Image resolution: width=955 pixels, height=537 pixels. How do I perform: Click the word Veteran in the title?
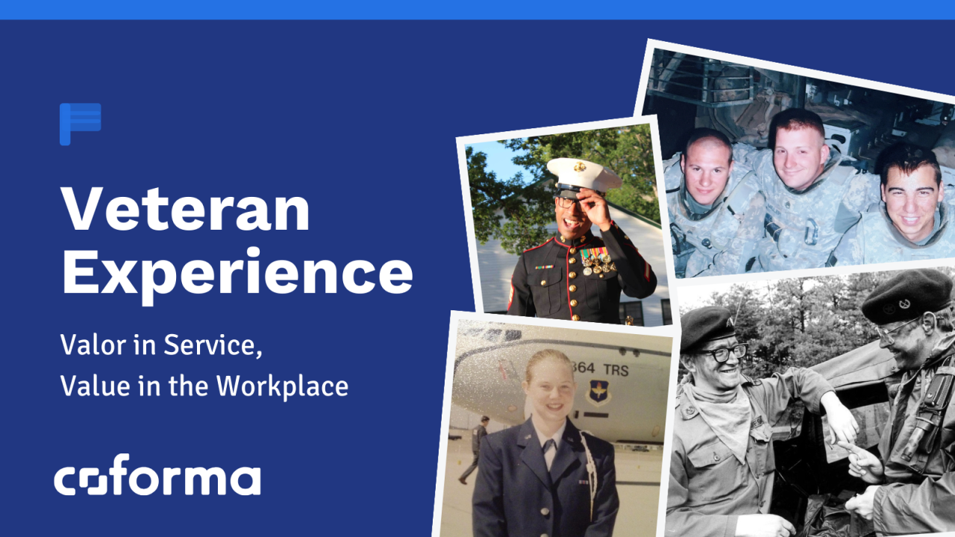click(185, 210)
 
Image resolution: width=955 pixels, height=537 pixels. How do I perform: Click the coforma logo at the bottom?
click(157, 475)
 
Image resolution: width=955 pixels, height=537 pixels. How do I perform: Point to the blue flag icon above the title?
click(80, 124)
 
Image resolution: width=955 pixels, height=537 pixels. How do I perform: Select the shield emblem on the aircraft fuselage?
click(598, 393)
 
